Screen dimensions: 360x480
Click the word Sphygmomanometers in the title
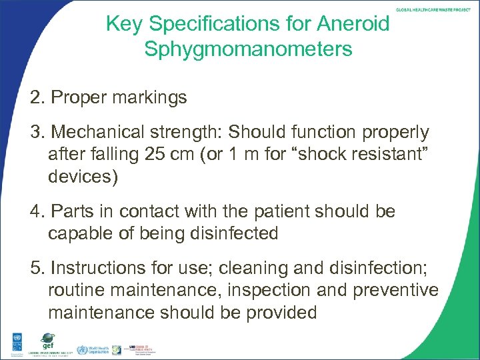[248, 49]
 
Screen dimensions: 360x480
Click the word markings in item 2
[151, 99]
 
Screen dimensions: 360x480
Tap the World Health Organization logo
[91, 350]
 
